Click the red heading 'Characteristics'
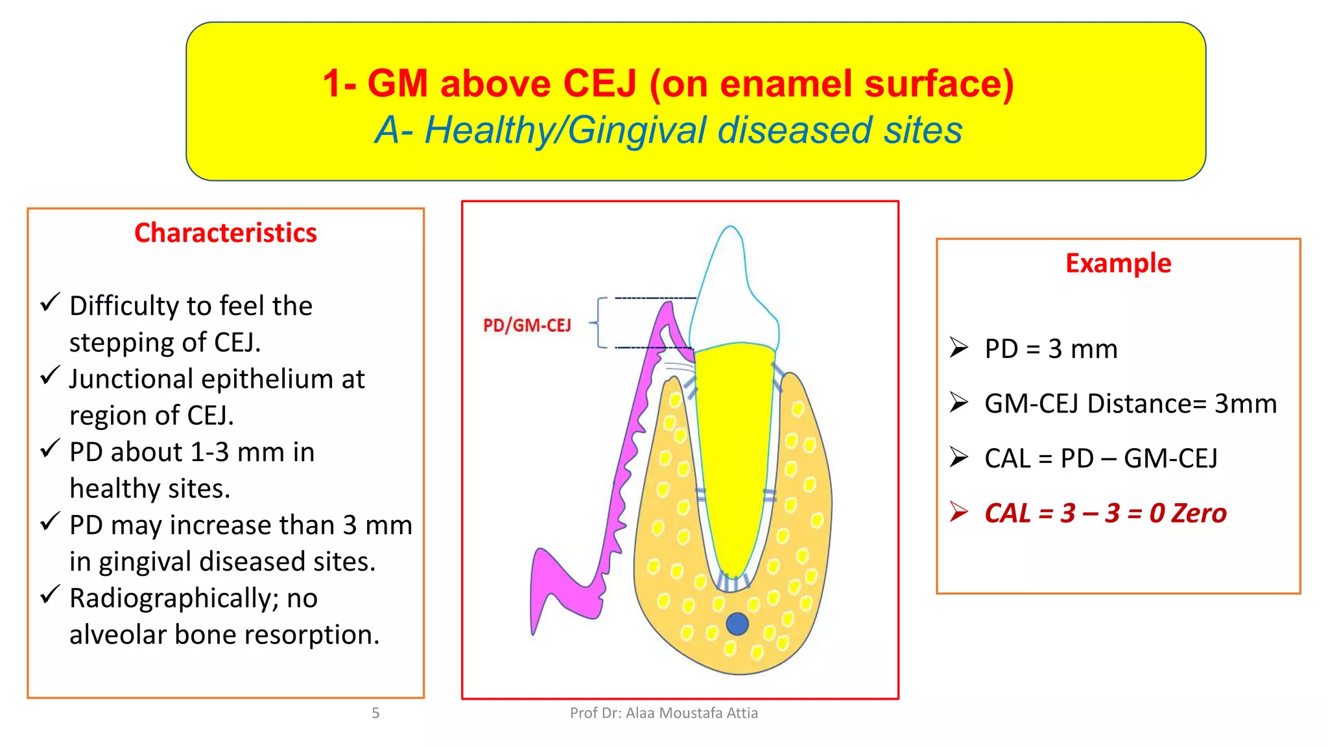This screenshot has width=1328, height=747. click(225, 233)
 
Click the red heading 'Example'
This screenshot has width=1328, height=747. click(1118, 263)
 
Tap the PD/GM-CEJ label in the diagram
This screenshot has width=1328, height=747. click(527, 325)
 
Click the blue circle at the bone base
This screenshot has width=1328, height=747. click(737, 624)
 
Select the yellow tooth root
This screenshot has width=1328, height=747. click(734, 454)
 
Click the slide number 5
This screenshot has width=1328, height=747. click(375, 713)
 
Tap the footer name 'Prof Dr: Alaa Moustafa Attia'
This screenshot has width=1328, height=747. click(663, 713)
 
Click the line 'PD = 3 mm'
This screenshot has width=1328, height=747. click(1050, 349)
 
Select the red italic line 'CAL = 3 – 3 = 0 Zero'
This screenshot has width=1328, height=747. click(1105, 513)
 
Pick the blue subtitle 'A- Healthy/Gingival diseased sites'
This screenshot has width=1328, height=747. click(669, 130)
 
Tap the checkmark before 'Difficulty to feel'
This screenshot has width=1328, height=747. click(50, 302)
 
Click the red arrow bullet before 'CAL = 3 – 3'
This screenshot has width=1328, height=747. click(959, 512)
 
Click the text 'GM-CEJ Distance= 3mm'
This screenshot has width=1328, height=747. click(1130, 403)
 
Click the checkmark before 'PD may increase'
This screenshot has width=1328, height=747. click(50, 521)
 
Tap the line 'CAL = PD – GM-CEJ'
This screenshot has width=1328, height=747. click(1100, 458)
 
